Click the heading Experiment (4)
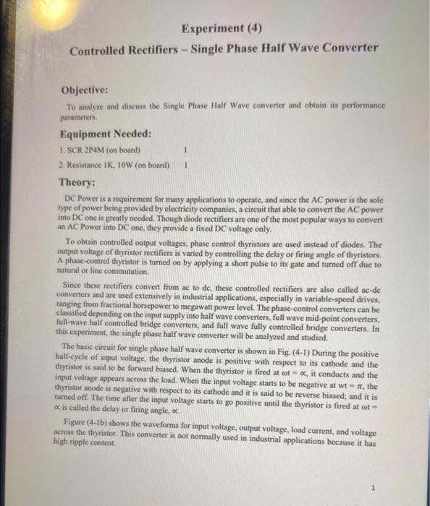(222, 29)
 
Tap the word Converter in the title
(350, 48)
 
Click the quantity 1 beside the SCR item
(186, 151)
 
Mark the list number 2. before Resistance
(61, 166)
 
